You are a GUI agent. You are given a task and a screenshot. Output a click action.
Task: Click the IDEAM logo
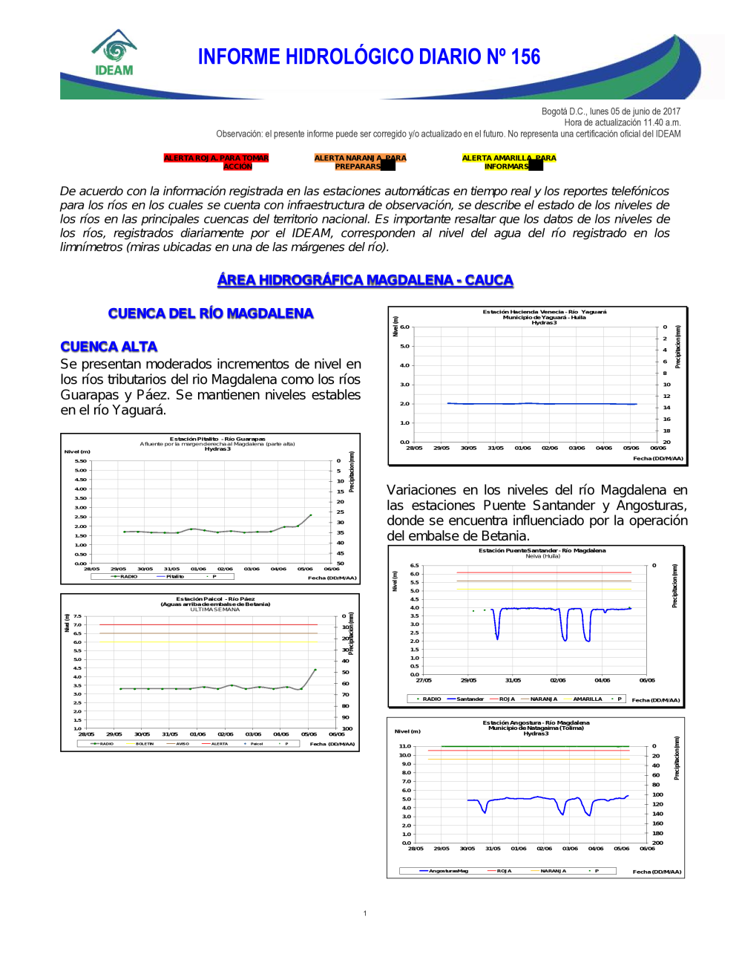click(114, 53)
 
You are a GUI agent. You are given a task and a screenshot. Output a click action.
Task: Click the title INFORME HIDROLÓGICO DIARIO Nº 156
click(369, 57)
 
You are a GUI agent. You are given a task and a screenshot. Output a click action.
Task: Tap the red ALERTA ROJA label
click(216, 162)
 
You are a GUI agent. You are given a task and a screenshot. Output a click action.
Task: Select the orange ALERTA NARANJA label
click(360, 162)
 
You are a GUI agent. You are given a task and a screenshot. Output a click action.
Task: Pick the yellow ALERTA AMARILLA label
click(508, 162)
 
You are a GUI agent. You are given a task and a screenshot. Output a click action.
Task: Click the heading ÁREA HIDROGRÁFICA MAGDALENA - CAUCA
click(365, 280)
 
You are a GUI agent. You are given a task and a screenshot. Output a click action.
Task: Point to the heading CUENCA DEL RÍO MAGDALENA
click(211, 313)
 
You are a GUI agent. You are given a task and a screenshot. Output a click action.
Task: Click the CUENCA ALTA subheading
click(109, 347)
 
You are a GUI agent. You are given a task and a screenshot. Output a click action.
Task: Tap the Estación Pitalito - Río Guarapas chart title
click(217, 439)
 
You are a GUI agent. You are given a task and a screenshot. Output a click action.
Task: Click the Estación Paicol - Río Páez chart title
click(215, 598)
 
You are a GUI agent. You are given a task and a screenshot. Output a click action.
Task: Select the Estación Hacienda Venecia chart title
click(544, 312)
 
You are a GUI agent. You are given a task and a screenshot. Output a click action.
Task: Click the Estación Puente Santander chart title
click(542, 550)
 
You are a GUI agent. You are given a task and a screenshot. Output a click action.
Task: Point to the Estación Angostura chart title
click(536, 722)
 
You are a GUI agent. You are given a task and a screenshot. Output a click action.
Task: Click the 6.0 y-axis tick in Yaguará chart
click(404, 327)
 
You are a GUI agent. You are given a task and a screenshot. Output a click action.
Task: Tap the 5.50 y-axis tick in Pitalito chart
click(80, 461)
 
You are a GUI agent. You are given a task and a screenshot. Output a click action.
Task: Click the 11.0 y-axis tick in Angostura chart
click(404, 746)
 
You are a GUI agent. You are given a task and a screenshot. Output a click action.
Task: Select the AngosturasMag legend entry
click(447, 871)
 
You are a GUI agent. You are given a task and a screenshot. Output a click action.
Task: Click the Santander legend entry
click(469, 699)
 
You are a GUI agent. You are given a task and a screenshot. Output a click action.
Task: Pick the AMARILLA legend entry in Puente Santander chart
click(587, 699)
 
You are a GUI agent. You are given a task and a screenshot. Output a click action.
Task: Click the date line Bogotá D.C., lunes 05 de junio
click(611, 111)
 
